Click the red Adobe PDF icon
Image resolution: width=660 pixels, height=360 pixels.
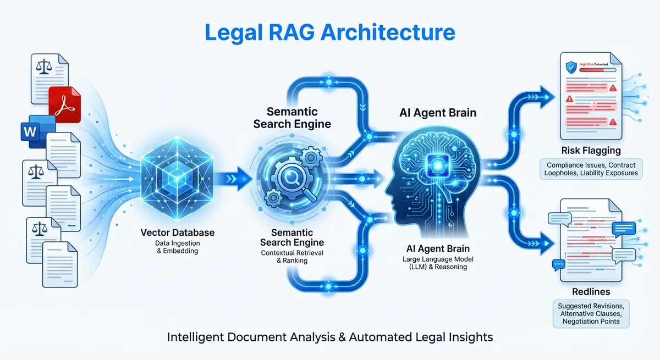pos(65,103)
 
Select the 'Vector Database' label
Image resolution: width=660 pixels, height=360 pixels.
pos(177,232)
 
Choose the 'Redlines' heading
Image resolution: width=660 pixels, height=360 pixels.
pos(591,291)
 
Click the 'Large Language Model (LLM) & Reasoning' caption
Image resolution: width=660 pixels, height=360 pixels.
pos(438,263)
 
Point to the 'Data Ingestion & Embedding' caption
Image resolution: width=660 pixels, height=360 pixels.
pos(177,247)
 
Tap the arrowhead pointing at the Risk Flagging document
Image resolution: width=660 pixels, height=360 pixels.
pos(544,93)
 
